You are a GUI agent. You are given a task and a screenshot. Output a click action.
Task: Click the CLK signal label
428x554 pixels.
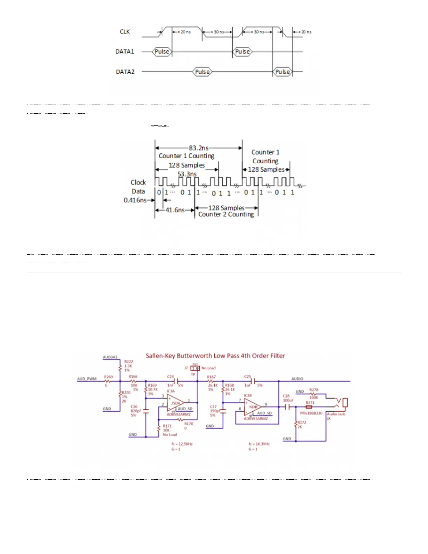[x=125, y=32]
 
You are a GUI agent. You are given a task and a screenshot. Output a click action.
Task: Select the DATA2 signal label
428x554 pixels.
[x=125, y=72]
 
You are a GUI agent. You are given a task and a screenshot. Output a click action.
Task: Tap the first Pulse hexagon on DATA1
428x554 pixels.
[x=162, y=52]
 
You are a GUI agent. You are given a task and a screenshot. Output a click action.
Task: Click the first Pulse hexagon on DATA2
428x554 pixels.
[x=202, y=72]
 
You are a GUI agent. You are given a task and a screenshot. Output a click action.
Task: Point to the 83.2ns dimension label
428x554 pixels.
[x=199, y=148]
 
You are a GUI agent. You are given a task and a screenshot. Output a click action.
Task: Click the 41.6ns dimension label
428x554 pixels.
[x=175, y=210]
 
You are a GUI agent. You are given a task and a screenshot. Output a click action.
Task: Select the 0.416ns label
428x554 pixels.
[x=135, y=200]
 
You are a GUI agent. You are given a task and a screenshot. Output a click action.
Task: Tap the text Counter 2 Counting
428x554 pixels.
[x=226, y=214]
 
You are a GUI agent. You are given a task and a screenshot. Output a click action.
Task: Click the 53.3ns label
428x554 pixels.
[x=187, y=174]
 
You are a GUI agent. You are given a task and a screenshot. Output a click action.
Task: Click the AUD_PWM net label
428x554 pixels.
[x=87, y=379]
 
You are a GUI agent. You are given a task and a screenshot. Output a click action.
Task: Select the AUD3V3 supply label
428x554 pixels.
[x=110, y=357]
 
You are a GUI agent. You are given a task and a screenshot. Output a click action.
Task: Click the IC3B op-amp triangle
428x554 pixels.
[x=253, y=407]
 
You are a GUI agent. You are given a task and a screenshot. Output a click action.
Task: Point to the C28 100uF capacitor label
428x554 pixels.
[x=287, y=398]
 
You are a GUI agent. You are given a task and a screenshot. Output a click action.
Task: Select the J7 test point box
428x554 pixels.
[x=195, y=368]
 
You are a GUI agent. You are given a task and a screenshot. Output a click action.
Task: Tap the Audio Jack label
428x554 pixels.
[x=336, y=414]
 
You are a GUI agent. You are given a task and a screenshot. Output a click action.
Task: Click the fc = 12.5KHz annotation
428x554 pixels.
[x=182, y=444]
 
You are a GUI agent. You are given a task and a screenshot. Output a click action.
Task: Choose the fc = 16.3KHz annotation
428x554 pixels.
[x=259, y=444]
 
